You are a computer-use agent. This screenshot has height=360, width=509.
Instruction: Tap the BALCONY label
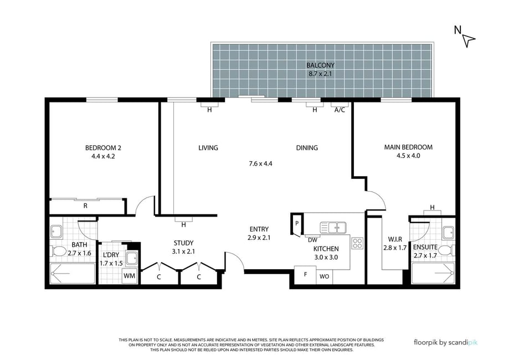320,65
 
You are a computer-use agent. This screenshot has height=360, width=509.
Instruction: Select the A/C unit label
340,110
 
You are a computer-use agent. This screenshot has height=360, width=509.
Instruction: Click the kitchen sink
333,228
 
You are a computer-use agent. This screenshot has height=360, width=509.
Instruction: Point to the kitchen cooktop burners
357,244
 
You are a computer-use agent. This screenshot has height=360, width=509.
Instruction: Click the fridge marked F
305,275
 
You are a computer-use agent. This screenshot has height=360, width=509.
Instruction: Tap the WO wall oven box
325,276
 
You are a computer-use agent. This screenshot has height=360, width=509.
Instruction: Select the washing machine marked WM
130,276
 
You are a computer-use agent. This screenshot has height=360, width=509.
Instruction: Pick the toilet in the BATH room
58,251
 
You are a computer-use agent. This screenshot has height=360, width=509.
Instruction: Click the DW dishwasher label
312,240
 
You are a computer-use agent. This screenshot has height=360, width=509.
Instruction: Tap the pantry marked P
297,224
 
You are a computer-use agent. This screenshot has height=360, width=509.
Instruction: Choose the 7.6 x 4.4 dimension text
260,163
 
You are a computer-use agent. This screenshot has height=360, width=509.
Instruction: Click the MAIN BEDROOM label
408,147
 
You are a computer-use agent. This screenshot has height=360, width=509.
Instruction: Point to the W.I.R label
395,240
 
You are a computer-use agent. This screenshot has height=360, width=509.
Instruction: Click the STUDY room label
183,243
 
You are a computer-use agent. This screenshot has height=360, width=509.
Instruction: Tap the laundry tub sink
132,259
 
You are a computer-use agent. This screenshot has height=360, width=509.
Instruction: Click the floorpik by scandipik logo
446,342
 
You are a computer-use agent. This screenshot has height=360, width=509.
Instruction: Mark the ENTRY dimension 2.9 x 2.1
259,238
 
